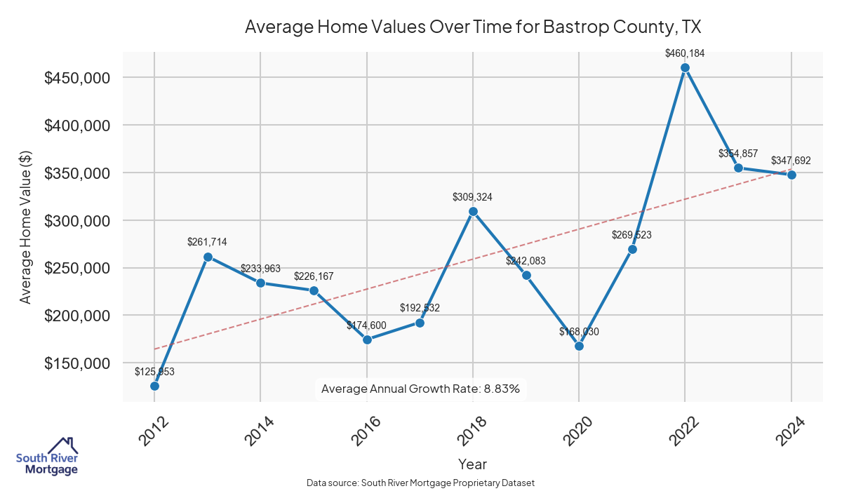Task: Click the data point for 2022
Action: (x=685, y=68)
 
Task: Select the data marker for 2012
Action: (x=154, y=386)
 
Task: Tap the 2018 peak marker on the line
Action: (x=473, y=211)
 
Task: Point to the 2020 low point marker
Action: (x=579, y=346)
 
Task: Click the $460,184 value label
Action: (x=685, y=53)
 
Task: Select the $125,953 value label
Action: (x=154, y=372)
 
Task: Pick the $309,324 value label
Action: (x=473, y=197)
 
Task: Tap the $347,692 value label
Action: (x=791, y=161)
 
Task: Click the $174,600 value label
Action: (x=367, y=325)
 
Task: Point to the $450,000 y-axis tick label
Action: (x=76, y=78)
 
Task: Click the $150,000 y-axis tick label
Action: (x=76, y=363)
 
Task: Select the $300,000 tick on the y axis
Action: (x=76, y=221)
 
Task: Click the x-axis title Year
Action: (x=472, y=464)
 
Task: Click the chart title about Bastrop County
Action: (x=473, y=27)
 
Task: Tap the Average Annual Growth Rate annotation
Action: (x=420, y=389)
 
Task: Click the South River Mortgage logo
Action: (x=47, y=457)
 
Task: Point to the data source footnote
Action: (x=421, y=483)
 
